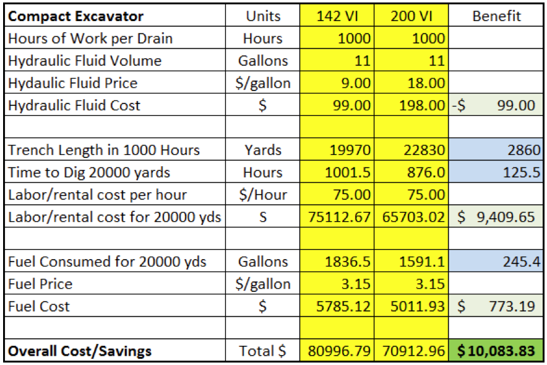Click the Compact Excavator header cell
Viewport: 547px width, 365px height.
click(75, 16)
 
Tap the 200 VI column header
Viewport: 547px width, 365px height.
click(411, 16)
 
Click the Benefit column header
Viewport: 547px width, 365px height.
click(496, 16)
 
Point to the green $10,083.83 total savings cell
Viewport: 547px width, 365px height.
click(496, 351)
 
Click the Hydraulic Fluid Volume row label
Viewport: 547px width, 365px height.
click(85, 61)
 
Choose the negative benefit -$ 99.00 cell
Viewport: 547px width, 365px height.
click(496, 105)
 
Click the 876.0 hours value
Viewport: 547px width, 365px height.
click(428, 172)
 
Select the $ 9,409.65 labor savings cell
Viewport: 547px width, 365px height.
click(496, 217)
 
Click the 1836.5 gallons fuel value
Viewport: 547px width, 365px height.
click(347, 262)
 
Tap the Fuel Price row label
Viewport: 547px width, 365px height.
click(40, 284)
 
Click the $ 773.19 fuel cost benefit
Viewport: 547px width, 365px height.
click(496, 306)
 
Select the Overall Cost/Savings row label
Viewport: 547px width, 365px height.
click(79, 351)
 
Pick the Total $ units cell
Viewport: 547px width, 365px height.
click(263, 351)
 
